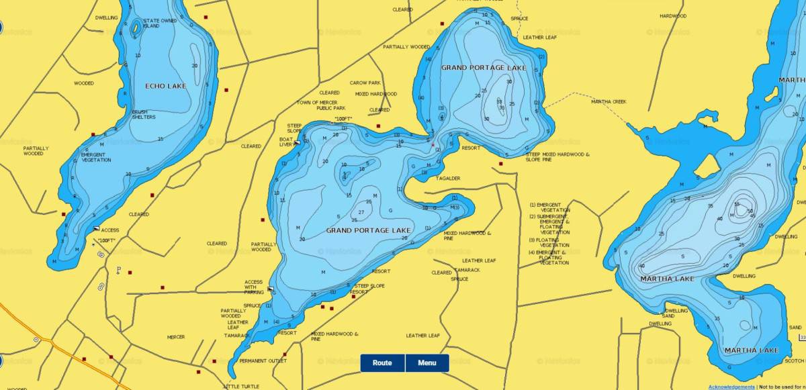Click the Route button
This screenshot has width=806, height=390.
[x=382, y=363]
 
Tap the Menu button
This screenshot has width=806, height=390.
[x=427, y=363]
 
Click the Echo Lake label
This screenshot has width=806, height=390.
[x=165, y=86]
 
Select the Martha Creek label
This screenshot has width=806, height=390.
[x=609, y=102]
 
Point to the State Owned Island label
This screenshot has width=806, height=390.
[x=160, y=23]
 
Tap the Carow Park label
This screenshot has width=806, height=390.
[x=365, y=83]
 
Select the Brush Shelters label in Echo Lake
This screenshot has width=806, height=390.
[x=144, y=115]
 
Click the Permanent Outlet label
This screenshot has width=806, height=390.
[x=263, y=360]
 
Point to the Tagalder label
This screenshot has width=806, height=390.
[x=447, y=179]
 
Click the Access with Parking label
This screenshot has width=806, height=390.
[x=254, y=287]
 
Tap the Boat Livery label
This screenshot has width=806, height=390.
[x=286, y=142]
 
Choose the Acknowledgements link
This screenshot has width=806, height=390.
[x=731, y=387]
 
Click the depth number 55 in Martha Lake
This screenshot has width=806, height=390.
[x=737, y=204]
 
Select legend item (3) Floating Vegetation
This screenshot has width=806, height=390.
[x=549, y=242]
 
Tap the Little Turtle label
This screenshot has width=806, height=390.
[x=240, y=387]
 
